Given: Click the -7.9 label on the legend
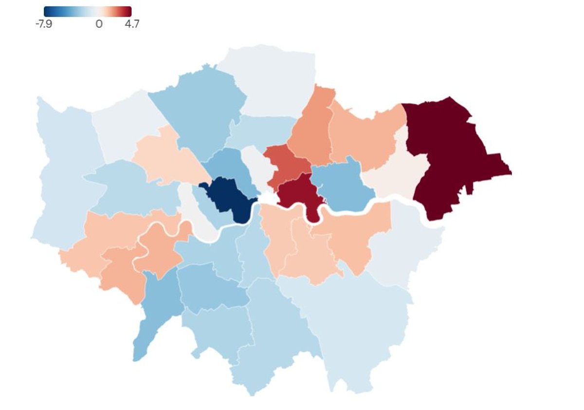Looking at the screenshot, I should (x=44, y=24).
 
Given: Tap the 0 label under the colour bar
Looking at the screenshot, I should (x=99, y=24).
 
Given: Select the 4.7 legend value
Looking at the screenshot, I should (x=131, y=24).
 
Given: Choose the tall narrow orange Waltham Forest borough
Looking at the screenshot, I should (x=311, y=131).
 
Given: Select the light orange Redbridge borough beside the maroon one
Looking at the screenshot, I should (x=365, y=136).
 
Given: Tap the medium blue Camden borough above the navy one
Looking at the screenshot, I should (x=229, y=166).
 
